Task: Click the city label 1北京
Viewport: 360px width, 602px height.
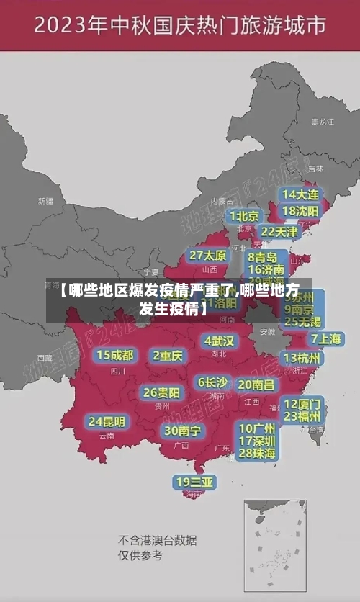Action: click(244, 215)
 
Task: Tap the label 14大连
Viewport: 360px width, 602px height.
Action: click(300, 194)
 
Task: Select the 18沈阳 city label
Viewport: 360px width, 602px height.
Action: click(300, 210)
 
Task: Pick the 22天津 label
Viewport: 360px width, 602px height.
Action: click(279, 231)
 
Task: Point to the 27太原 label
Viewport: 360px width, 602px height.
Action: click(208, 255)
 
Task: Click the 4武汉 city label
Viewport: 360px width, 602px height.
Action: click(219, 340)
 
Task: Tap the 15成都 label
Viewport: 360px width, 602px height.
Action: click(114, 354)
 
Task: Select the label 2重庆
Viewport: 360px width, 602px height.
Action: click(168, 355)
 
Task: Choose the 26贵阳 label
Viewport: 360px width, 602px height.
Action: click(161, 392)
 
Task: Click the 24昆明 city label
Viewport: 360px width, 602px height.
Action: click(107, 421)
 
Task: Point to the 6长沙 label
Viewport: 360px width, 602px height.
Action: click(212, 382)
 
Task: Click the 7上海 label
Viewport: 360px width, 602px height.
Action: click(325, 338)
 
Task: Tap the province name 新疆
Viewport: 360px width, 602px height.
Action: click(45, 201)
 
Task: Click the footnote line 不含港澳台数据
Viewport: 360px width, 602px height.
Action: click(158, 540)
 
